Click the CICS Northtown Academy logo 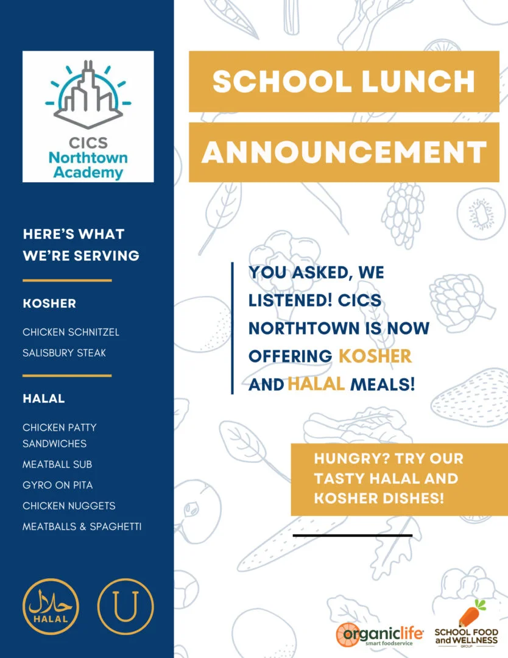click(x=88, y=116)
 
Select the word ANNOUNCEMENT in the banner click(x=344, y=152)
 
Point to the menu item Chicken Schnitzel click(x=71, y=332)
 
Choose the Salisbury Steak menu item click(x=64, y=353)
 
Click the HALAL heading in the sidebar click(x=44, y=399)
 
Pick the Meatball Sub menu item click(x=57, y=464)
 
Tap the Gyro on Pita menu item click(x=58, y=485)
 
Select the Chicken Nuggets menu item click(x=69, y=506)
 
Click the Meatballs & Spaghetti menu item click(x=82, y=526)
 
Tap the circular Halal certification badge click(x=51, y=607)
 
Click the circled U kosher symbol click(x=125, y=607)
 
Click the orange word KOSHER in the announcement click(x=375, y=356)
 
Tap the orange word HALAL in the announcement click(x=316, y=384)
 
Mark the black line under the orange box click(x=353, y=536)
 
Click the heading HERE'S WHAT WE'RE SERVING click(x=81, y=245)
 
